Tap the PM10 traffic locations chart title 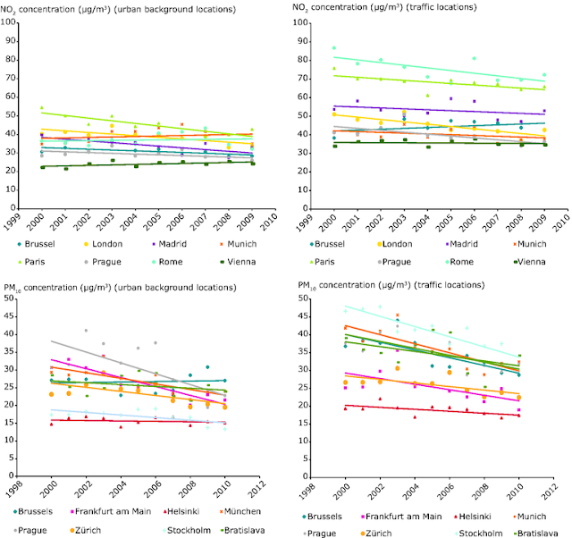point(394,285)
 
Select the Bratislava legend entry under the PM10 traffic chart point(537,532)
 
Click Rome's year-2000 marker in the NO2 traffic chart point(334,47)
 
